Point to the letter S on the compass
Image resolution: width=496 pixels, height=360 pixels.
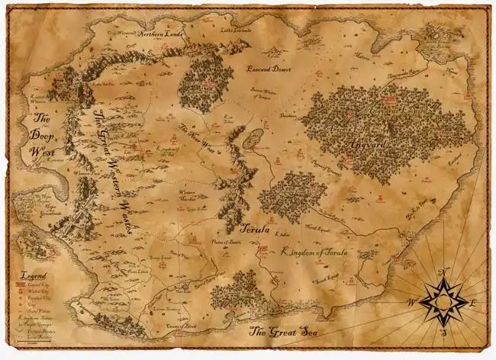click(x=442, y=333)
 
